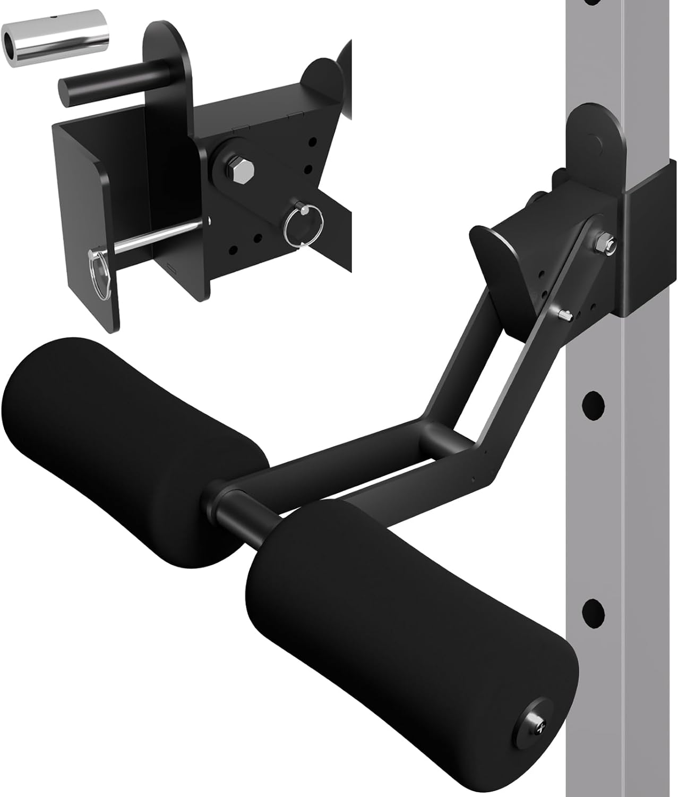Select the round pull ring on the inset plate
click(x=298, y=226)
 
